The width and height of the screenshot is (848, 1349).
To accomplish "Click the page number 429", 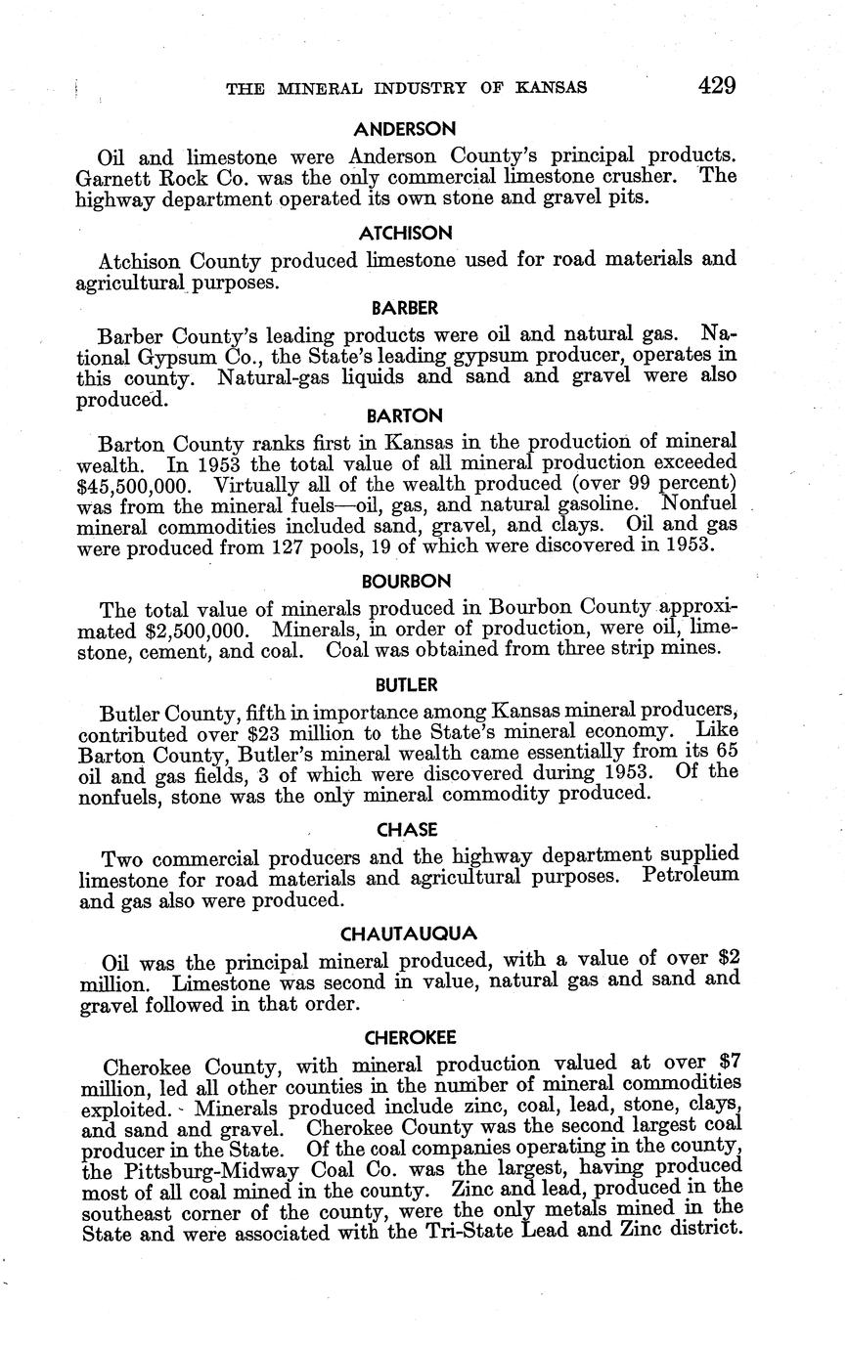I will tap(717, 85).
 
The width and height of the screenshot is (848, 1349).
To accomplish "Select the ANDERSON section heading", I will tap(405, 128).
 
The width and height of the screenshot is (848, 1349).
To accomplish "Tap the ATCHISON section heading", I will tap(405, 233).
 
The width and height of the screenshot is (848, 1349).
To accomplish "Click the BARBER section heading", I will tap(405, 308).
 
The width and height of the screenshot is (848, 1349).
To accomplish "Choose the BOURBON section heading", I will tap(406, 581).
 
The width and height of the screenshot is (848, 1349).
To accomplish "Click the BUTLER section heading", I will tap(406, 684).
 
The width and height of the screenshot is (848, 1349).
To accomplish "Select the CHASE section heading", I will tap(406, 830).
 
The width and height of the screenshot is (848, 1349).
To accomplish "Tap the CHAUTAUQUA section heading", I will tap(408, 934).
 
